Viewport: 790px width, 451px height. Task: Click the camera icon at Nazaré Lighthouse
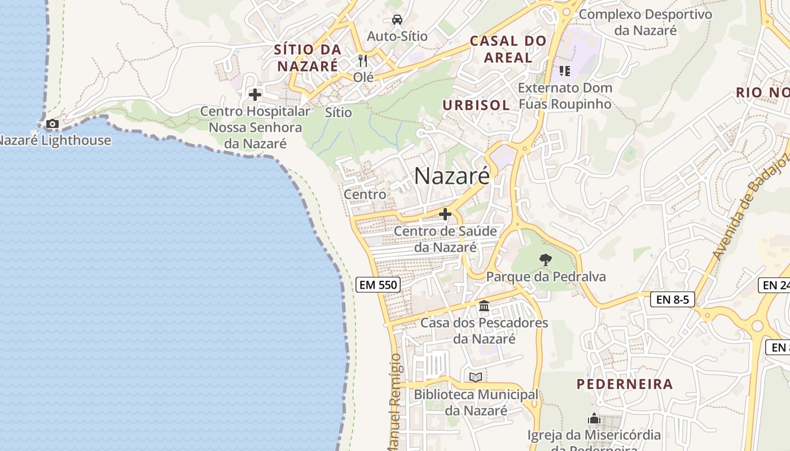coord(52,123)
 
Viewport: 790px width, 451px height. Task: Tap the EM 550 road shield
coord(379,285)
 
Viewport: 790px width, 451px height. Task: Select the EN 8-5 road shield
coord(673,299)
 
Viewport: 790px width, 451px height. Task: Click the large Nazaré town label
coord(452,176)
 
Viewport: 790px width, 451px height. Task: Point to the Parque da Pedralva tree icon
coord(545,260)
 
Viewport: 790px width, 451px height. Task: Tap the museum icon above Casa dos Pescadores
coord(484,306)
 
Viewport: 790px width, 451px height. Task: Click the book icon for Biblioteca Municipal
coord(476,377)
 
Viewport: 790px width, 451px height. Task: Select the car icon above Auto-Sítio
coord(397,20)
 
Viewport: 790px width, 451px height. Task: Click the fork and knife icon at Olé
coord(363,60)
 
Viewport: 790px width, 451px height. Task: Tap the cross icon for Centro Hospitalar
coord(255,95)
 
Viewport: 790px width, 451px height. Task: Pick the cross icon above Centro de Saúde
coord(445,214)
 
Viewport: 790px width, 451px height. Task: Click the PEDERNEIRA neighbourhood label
coord(625,384)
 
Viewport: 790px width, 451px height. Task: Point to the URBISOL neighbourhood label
coord(476,105)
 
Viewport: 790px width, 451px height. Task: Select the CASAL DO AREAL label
coord(508,49)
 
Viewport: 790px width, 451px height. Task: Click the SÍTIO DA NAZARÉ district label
coord(308,58)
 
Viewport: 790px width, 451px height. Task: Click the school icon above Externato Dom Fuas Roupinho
coord(564,71)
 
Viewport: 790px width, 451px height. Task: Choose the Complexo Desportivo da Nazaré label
coord(646,22)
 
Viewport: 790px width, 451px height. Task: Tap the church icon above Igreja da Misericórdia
coord(594,419)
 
